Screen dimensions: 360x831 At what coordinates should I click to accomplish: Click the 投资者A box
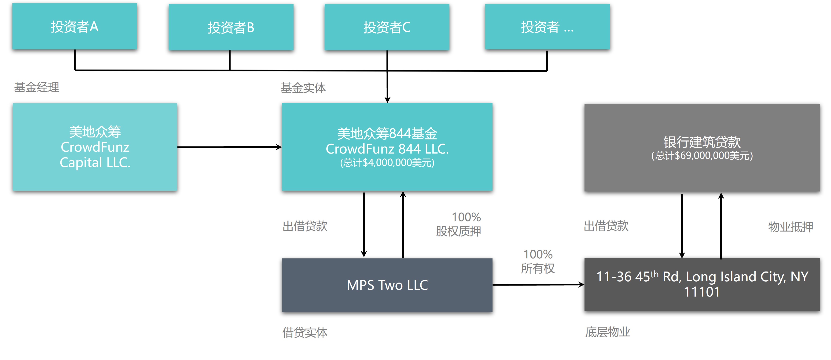[x=74, y=26]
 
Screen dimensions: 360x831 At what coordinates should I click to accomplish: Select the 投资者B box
[x=231, y=27]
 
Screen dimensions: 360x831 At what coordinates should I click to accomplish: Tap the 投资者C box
[x=387, y=27]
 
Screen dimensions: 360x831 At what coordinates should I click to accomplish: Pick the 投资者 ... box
[x=547, y=27]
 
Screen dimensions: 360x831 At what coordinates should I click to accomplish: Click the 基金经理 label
[x=37, y=87]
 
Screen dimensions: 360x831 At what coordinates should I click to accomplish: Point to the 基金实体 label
[x=303, y=88]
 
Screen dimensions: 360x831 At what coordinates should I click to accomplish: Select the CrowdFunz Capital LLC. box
[x=95, y=147]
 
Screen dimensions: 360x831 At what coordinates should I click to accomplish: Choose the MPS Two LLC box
[x=387, y=285]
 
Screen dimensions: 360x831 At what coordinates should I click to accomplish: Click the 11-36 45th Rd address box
[x=702, y=284]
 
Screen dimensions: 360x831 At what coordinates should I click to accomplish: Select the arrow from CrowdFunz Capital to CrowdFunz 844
[x=229, y=147]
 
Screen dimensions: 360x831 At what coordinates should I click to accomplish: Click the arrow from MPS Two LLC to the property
[x=538, y=285]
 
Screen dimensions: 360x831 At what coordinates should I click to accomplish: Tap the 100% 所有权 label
[x=538, y=261]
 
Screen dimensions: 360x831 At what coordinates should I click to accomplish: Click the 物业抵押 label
[x=790, y=227]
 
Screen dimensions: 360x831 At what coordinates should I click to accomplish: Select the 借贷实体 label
[x=305, y=332]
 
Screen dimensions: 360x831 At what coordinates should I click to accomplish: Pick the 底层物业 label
[x=607, y=332]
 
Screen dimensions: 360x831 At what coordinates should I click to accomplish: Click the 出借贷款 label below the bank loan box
[x=606, y=226]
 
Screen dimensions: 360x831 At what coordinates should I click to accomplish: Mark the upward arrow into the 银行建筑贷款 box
[x=721, y=226]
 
